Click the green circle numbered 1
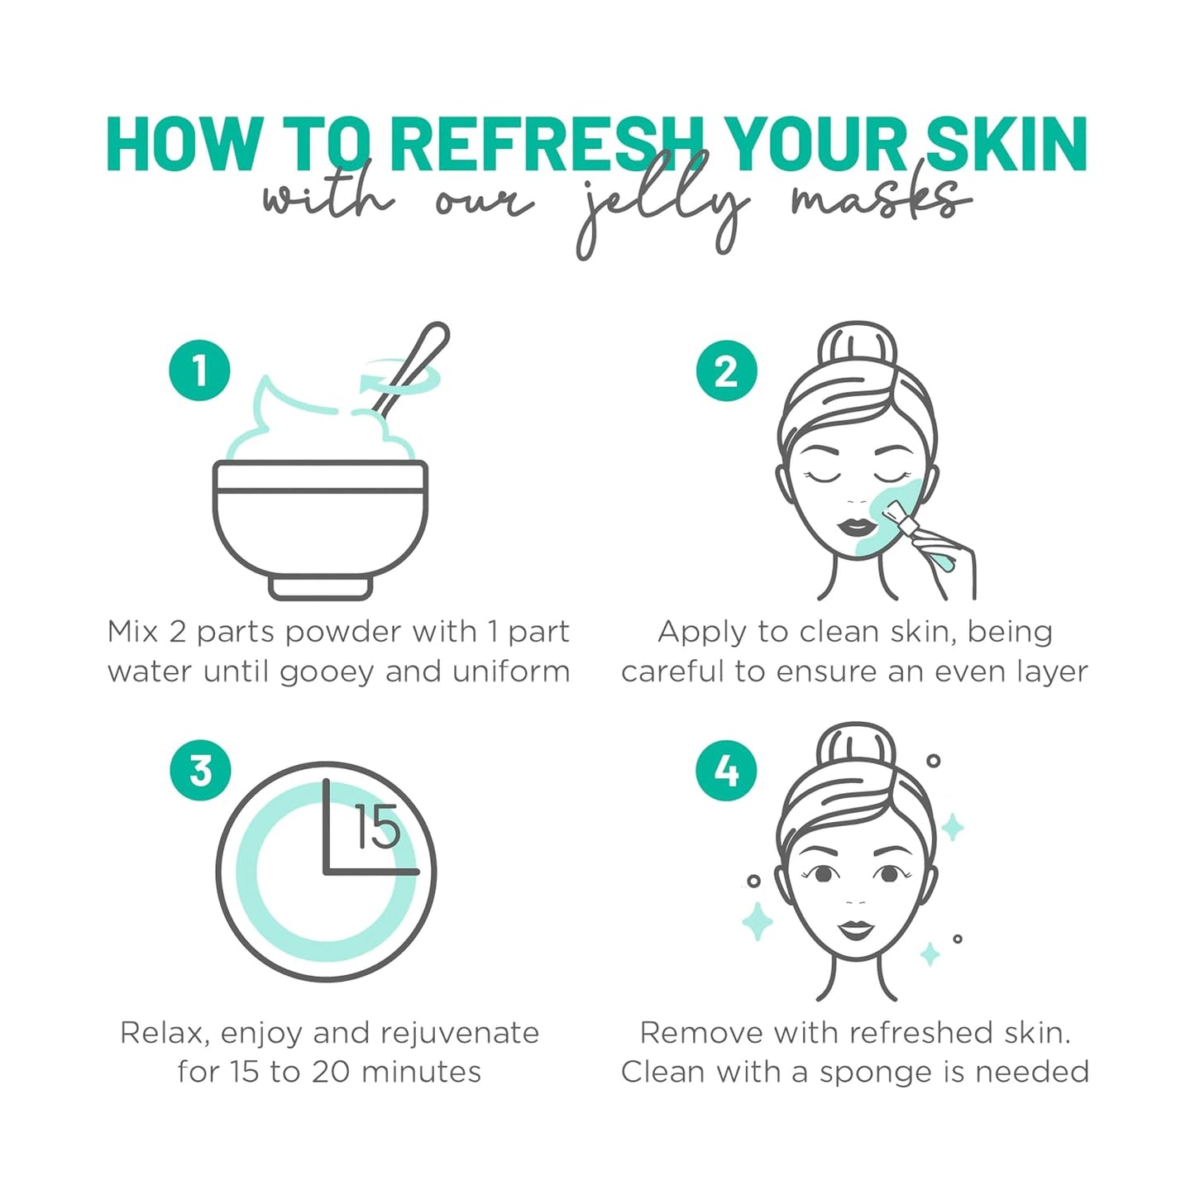[x=199, y=370]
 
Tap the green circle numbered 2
[x=726, y=370]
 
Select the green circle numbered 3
[x=200, y=770]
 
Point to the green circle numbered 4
[x=726, y=770]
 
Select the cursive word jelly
[x=662, y=207]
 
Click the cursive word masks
[x=877, y=200]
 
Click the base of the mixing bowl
[x=321, y=587]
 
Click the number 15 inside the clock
[x=377, y=827]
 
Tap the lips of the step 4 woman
[x=856, y=930]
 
